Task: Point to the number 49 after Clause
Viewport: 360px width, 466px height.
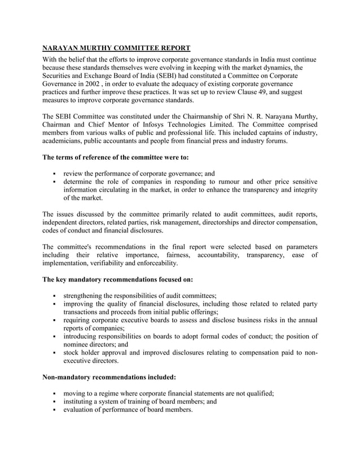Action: (x=250, y=91)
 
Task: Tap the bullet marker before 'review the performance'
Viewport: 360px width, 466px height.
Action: (x=54, y=173)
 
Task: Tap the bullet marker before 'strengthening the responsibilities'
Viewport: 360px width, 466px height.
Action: (x=54, y=296)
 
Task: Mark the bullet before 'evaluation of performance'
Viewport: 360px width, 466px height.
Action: (x=54, y=410)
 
